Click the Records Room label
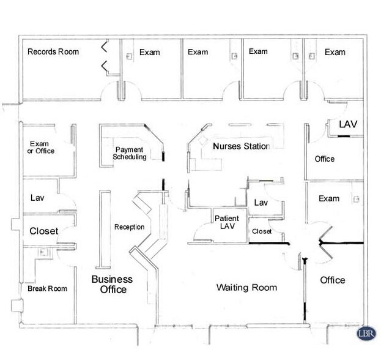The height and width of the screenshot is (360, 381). pos(53,52)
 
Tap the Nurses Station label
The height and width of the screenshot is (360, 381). pos(241,147)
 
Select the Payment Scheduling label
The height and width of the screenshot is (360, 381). pos(130,153)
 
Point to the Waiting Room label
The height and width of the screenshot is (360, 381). pos(247,288)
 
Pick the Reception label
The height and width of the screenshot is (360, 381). pos(129,228)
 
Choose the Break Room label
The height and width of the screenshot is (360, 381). pos(47,288)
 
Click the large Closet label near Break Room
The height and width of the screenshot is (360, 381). pos(44,231)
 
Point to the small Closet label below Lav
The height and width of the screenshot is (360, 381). pos(261,231)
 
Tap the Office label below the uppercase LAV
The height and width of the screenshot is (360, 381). pos(325,159)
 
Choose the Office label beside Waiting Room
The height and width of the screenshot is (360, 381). pos(333,280)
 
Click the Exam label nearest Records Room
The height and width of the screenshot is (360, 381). pos(149,53)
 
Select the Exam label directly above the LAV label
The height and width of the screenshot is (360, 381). pos(335,52)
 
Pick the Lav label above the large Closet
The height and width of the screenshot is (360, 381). pos(37,198)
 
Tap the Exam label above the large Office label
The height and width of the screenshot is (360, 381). pos(329,199)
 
